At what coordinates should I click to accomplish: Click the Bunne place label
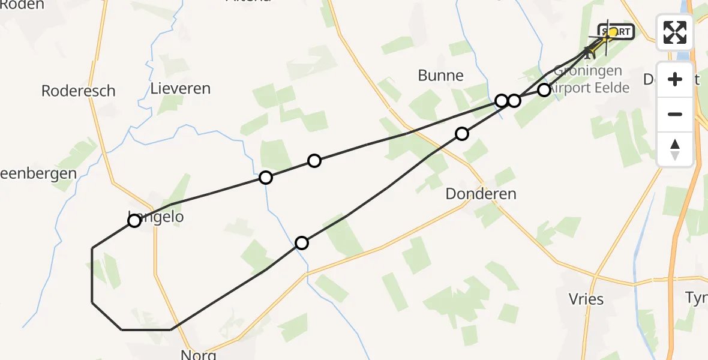click(441, 75)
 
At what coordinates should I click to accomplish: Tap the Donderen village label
click(481, 194)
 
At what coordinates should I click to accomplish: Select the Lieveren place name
click(181, 89)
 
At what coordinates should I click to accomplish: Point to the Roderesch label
click(78, 91)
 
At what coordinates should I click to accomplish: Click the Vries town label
click(586, 299)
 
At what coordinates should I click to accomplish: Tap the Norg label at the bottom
click(198, 354)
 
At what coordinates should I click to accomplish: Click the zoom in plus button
click(675, 79)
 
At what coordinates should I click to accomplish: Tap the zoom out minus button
click(675, 114)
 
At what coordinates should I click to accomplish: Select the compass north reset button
click(675, 149)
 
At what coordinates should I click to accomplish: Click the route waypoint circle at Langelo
click(134, 221)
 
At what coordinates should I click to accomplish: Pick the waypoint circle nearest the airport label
click(544, 90)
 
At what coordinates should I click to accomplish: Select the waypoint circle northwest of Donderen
click(461, 134)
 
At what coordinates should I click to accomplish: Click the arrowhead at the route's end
click(589, 53)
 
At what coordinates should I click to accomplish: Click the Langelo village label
click(156, 217)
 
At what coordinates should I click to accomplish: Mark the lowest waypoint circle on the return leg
click(302, 243)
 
